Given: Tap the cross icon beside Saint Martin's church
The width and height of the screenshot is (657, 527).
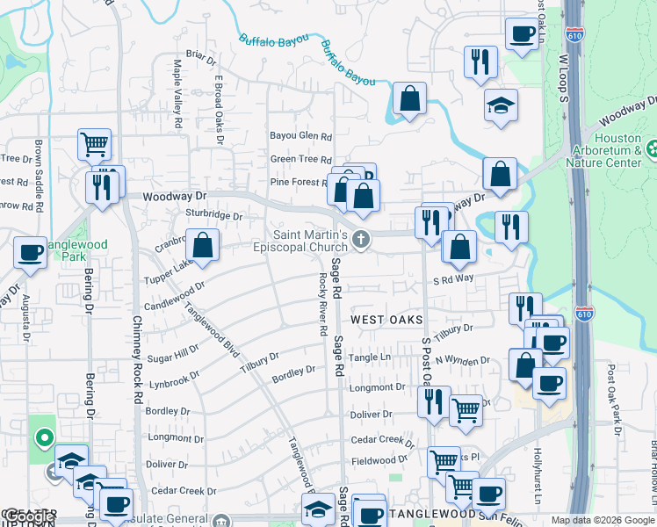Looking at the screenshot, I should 359,240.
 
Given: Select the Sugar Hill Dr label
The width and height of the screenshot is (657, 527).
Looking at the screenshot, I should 174,353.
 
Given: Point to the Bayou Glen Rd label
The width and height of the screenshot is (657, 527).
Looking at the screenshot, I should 300,137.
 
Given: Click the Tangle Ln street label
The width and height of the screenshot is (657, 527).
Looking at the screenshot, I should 369,357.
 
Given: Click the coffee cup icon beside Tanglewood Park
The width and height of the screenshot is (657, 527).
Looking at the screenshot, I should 30,253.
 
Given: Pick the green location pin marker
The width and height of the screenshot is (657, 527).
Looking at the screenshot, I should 44,437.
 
